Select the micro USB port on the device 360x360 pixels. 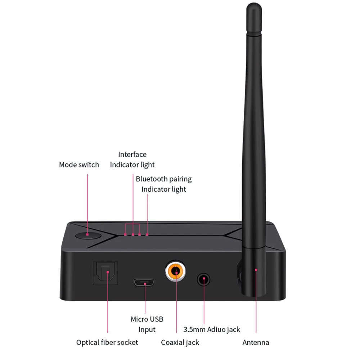[145, 283]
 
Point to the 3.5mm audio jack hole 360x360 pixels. [204, 279]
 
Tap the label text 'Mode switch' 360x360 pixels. [79, 165]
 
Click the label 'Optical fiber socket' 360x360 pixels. [107, 342]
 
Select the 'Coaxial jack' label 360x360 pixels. [180, 342]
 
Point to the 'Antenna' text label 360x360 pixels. [256, 342]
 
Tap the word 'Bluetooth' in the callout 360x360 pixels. [151, 179]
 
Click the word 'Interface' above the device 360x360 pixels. [132, 154]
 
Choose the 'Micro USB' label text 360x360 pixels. [147, 319]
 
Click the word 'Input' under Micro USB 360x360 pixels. [147, 329]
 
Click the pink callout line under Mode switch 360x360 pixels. [88, 202]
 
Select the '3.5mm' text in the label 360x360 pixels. [194, 329]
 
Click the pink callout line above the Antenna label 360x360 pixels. [256, 306]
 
